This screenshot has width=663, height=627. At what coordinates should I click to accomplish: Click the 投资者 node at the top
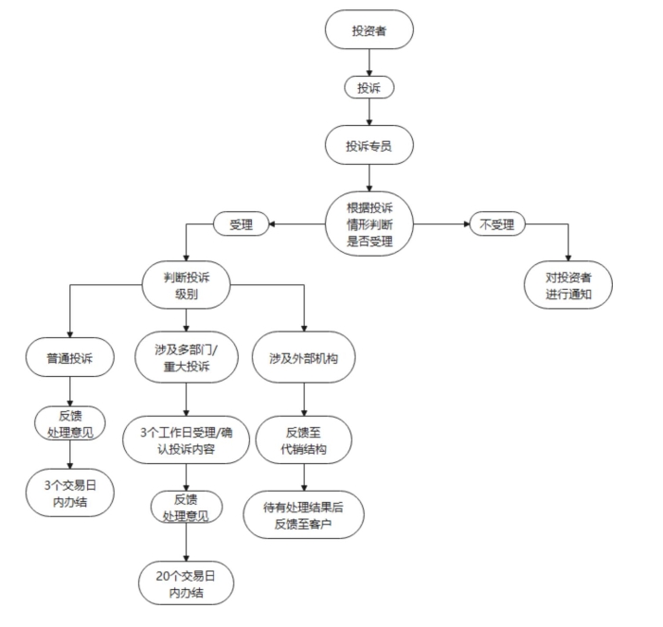(368, 31)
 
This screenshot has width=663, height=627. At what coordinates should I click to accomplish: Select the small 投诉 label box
(368, 87)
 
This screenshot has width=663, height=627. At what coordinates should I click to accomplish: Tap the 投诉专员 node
(368, 147)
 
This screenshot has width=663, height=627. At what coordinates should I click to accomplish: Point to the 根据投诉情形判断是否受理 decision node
(368, 224)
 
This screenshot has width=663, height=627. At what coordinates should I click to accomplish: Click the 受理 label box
(242, 224)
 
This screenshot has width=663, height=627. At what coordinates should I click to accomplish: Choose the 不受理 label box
(497, 224)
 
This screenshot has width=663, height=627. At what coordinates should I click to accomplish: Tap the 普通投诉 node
(72, 359)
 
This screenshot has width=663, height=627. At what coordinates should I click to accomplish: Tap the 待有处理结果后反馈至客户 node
(303, 515)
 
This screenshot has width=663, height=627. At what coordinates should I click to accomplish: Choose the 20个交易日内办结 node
(186, 582)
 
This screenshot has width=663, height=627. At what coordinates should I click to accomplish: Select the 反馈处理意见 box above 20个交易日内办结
(186, 508)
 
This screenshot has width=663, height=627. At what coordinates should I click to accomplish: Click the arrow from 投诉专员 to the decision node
(368, 178)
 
